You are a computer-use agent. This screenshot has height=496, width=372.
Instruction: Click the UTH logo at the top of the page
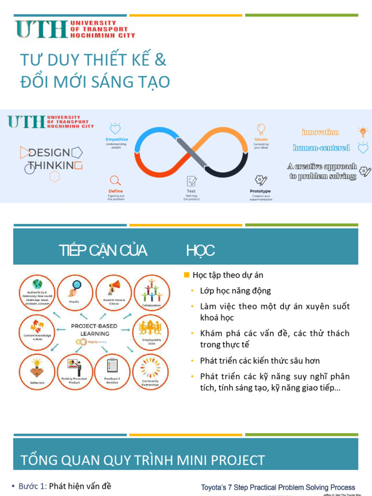(x=75, y=29)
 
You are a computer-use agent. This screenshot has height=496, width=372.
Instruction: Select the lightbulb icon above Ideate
(x=261, y=129)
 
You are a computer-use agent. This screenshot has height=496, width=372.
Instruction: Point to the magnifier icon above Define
(x=115, y=181)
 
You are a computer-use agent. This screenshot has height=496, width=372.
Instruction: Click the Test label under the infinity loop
(x=191, y=191)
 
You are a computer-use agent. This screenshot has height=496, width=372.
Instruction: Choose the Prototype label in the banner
(x=260, y=191)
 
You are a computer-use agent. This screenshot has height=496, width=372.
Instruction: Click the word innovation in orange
(x=320, y=132)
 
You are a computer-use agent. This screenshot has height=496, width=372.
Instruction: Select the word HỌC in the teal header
(x=200, y=250)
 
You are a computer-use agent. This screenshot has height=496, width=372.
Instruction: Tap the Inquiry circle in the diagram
(x=75, y=293)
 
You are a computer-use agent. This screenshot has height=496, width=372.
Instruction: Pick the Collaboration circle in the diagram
(x=151, y=293)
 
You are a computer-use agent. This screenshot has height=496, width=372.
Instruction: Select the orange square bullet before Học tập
(x=186, y=275)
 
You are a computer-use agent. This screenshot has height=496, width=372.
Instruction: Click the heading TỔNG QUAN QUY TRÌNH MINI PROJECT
(x=142, y=460)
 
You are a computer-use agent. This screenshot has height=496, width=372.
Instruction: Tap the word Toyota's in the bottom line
(x=216, y=487)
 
